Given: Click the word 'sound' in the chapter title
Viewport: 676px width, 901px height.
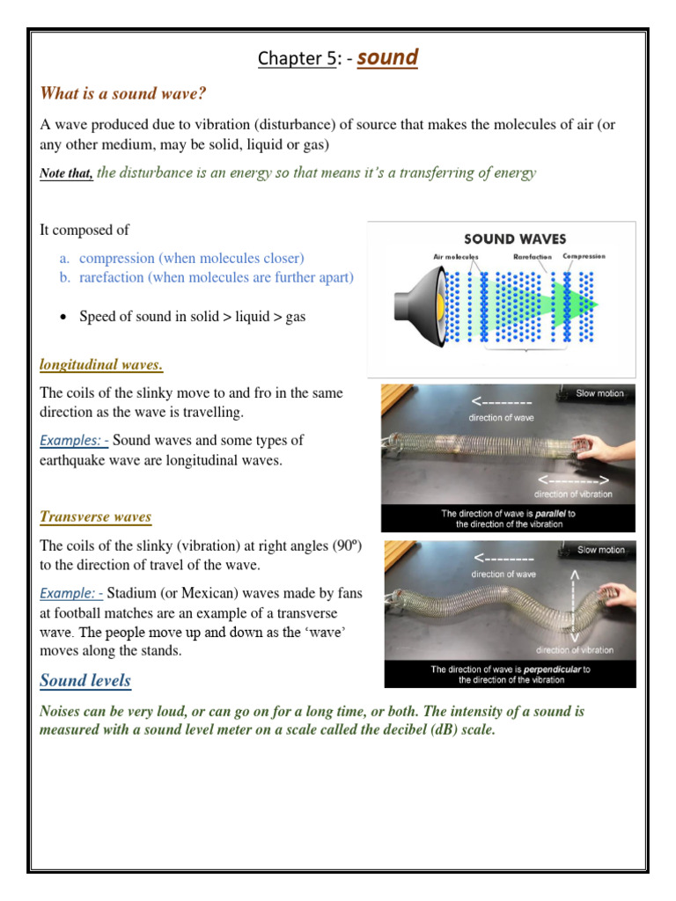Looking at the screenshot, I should pos(387,58).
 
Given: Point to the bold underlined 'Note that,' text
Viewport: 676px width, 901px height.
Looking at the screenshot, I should pos(66,174).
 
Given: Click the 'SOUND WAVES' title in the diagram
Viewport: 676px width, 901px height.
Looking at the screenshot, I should pos(515,238).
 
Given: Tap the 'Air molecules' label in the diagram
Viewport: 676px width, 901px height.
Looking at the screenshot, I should pos(456,257).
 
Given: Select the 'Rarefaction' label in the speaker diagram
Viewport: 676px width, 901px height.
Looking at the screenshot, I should pos(532,257).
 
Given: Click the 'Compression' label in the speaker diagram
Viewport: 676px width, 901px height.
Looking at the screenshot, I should pos(584,257).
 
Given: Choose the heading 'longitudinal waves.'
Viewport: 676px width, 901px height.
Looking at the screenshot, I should pos(101,364).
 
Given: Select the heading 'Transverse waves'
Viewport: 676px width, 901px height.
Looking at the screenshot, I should pos(96,516).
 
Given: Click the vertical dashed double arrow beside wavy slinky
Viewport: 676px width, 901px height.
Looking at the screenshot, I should pos(577,606).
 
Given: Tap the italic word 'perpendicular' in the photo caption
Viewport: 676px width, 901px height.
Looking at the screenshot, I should pos(553,670).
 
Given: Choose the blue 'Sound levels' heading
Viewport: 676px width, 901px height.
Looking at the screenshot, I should pos(85,680).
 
